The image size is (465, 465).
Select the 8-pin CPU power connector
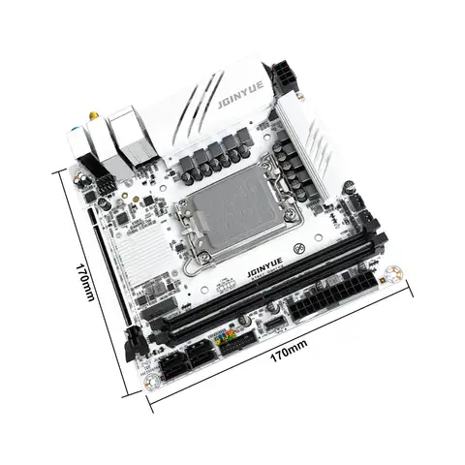click(289, 73)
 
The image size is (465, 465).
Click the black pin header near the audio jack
click(99, 181)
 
